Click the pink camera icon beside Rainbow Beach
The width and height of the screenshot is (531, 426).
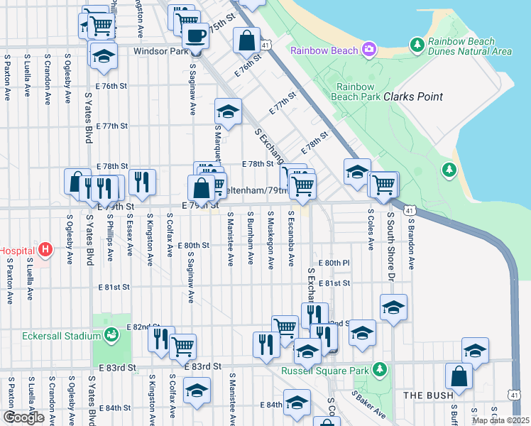(x=368, y=50)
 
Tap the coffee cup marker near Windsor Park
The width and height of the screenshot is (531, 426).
(x=195, y=35)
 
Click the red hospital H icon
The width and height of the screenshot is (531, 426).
(x=46, y=250)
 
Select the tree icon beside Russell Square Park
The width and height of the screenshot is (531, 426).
(x=381, y=369)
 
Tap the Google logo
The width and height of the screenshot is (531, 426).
(x=23, y=417)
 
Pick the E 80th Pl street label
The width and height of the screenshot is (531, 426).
(x=334, y=263)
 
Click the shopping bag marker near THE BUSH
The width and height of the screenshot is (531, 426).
(x=459, y=377)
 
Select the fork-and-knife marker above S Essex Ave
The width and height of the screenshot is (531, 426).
(x=144, y=182)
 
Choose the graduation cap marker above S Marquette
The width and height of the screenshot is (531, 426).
(x=228, y=111)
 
